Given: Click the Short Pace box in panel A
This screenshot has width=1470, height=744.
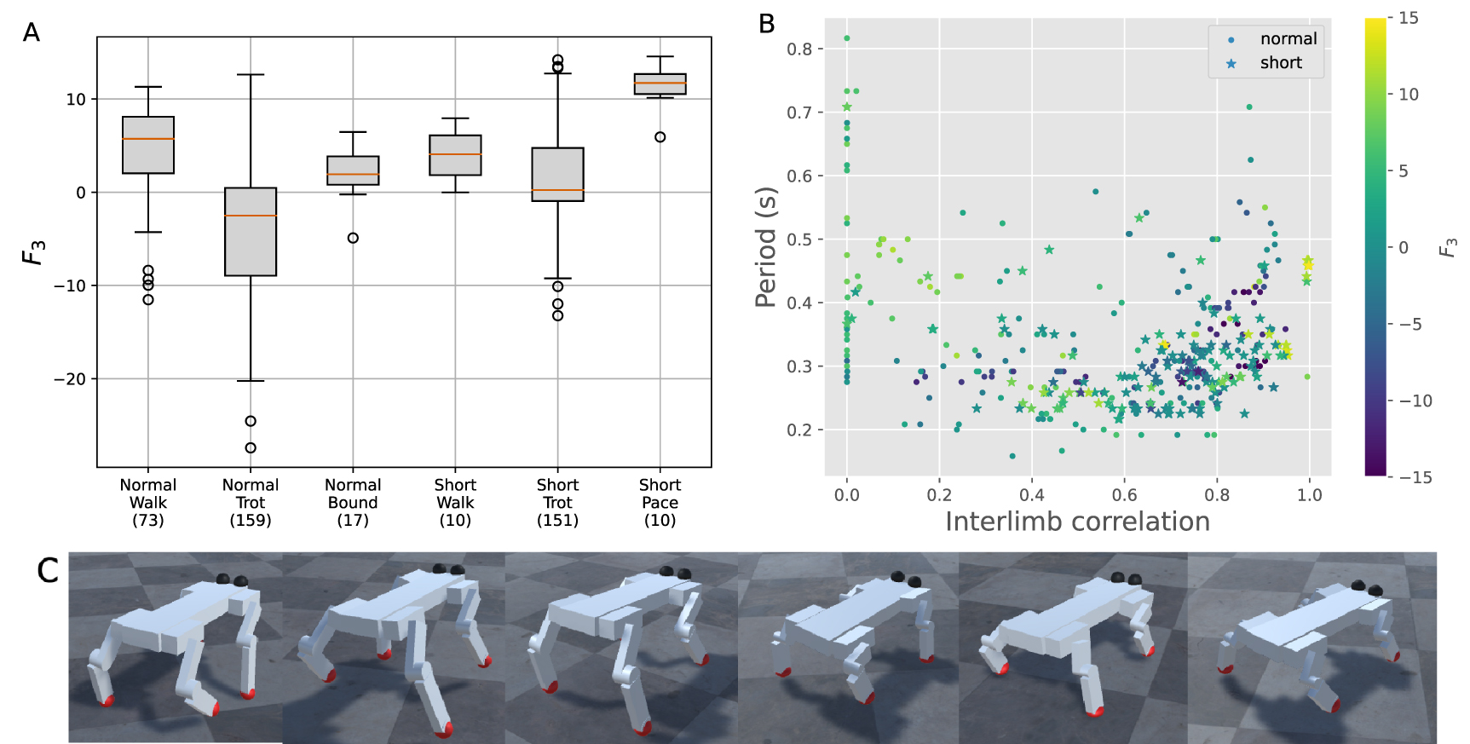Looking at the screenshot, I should point(660,84).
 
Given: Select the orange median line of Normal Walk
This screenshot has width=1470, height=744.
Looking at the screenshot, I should point(148,139).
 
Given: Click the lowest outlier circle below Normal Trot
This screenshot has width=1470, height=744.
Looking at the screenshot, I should point(251,447).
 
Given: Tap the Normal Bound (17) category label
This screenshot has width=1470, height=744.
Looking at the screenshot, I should point(353,503).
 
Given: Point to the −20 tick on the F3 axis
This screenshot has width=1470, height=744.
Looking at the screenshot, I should point(72,378).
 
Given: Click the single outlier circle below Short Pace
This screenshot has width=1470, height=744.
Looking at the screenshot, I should point(660,137).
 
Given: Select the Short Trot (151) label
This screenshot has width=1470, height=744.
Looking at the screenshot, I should point(557,503).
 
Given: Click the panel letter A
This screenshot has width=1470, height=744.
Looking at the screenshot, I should point(31,33).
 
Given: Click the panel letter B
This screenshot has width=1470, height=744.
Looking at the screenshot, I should point(766,24).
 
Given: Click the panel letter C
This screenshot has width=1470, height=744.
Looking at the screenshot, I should point(48,570).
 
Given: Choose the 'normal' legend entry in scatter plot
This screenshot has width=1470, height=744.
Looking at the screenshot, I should point(1273,39).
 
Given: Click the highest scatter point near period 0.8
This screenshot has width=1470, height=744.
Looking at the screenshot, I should point(846,38).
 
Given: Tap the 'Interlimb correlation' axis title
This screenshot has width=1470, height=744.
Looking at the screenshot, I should point(1077,522).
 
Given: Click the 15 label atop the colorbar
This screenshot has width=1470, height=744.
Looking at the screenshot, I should point(1408,18).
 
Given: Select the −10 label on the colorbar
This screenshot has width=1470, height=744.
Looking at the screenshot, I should point(1414,401).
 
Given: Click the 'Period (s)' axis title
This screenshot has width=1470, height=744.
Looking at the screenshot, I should point(766,247).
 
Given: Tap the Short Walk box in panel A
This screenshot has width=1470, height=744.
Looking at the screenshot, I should point(455,155).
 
